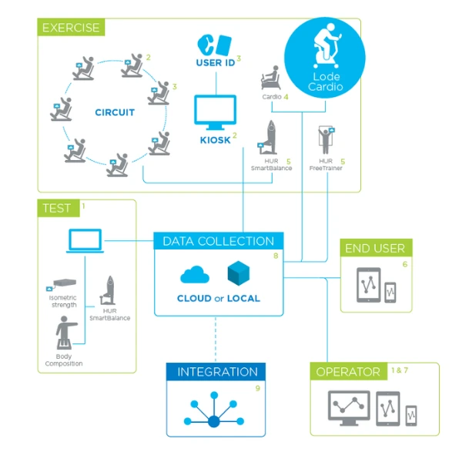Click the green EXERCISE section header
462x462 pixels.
(70, 28)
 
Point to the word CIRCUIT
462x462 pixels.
(115, 112)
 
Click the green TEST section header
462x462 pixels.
(57, 208)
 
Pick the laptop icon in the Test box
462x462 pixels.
(85, 241)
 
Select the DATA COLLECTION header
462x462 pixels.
(218, 241)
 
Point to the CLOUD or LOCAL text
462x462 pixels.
(219, 298)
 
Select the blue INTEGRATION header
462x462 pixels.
(216, 372)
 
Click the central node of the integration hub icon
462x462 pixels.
(214, 420)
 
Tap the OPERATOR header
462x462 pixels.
(348, 372)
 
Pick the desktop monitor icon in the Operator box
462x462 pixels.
(348, 407)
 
